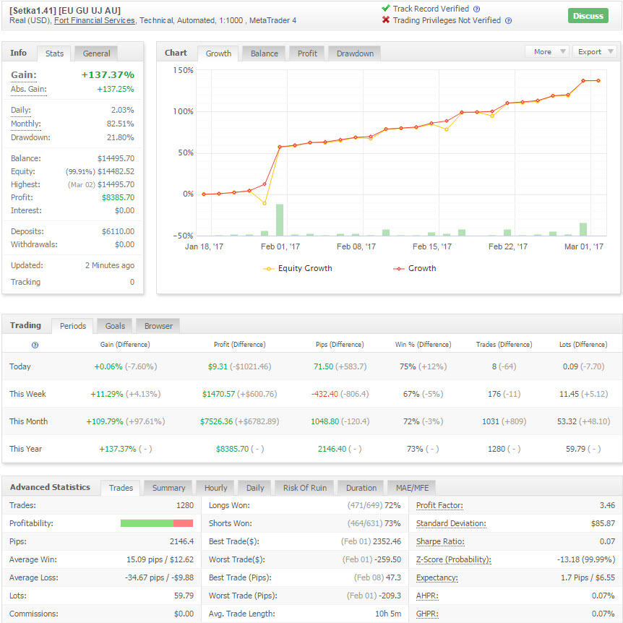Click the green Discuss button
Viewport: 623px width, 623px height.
588,16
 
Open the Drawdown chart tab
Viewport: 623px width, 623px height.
355,53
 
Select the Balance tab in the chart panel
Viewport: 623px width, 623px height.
265,53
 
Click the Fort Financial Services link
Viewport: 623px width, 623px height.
95,21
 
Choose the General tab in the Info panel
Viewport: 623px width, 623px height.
97,53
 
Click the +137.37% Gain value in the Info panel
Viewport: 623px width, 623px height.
108,74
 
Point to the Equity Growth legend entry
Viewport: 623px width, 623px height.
298,269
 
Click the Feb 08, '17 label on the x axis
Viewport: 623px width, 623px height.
356,246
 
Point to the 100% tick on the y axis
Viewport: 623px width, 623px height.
183,111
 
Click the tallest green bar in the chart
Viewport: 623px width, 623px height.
280,220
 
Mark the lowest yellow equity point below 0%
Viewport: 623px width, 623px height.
265,203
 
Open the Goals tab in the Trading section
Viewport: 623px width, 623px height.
115,326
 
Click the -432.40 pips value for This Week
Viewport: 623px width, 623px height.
325,394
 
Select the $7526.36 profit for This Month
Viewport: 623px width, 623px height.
217,421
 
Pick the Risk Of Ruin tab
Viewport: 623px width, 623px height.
305,488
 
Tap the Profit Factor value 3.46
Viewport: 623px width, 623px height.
607,505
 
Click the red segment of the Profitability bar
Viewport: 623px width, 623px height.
183,523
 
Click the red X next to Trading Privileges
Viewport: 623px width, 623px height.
385,20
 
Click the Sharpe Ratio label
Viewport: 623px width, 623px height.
440,541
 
